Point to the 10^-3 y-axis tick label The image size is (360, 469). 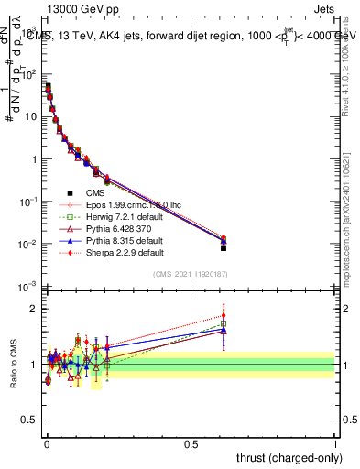pos(27,288)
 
